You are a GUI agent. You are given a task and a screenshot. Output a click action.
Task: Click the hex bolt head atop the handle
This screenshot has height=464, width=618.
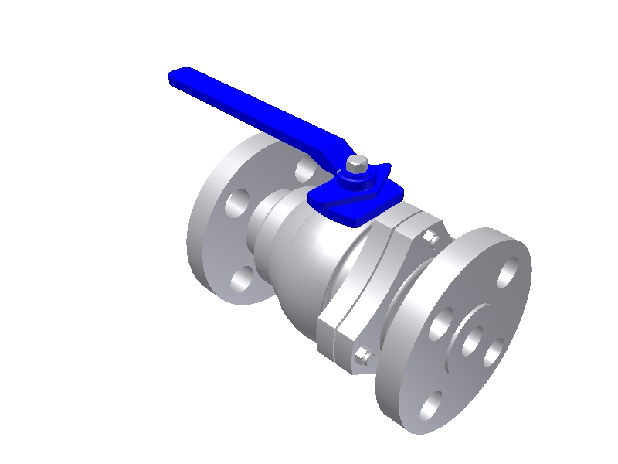pyautogui.click(x=357, y=164)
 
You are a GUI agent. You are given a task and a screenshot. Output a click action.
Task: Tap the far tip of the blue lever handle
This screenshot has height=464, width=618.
pyautogui.click(x=176, y=77)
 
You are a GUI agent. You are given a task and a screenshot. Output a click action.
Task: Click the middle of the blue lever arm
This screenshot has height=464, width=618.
pyautogui.click(x=263, y=113)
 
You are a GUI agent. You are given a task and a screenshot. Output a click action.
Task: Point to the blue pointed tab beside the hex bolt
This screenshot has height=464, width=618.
pyautogui.click(x=383, y=169)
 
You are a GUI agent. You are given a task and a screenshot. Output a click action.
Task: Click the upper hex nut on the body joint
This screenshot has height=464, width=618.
pyautogui.click(x=430, y=237)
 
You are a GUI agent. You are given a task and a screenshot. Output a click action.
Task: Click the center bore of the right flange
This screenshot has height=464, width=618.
pyautogui.click(x=474, y=340)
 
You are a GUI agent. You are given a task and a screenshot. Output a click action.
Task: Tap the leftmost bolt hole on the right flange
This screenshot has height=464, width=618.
pyautogui.click(x=440, y=322)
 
